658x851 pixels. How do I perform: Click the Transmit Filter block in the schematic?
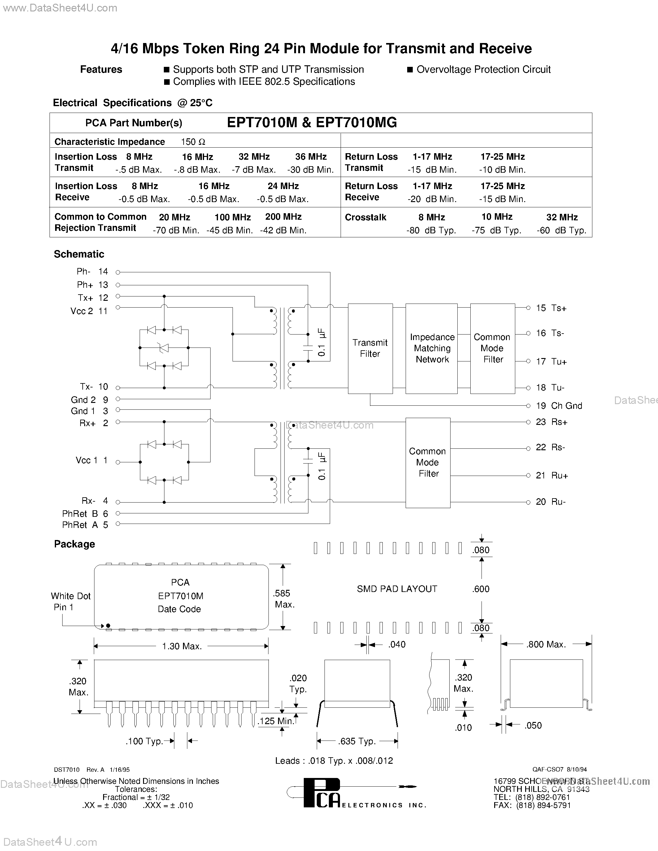tap(370, 348)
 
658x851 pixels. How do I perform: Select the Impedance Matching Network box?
tap(432, 348)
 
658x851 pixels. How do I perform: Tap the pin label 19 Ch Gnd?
tap(559, 406)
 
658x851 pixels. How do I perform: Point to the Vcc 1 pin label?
tap(91, 460)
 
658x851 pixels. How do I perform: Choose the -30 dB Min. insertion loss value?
tap(310, 170)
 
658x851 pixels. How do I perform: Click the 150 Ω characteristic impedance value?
tap(193, 142)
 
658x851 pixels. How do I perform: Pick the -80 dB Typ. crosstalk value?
tap(431, 230)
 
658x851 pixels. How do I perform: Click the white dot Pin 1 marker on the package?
tap(108, 626)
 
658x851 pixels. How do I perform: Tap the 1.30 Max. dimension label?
tap(182, 646)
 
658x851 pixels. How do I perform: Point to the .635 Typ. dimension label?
tap(357, 741)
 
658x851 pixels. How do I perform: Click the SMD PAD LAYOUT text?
tap(397, 589)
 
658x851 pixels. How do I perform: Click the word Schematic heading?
tap(79, 254)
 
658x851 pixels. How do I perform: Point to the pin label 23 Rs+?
tap(551, 422)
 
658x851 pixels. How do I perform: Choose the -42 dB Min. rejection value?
tap(283, 230)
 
